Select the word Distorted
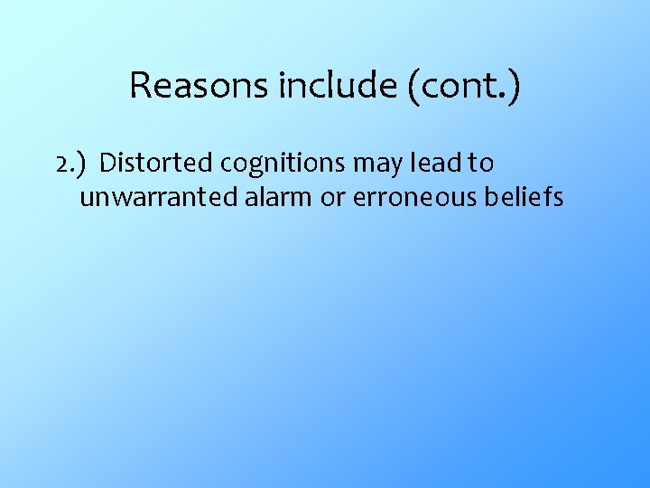coord(154,164)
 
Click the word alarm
coord(280,197)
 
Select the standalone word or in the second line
coord(331,198)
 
